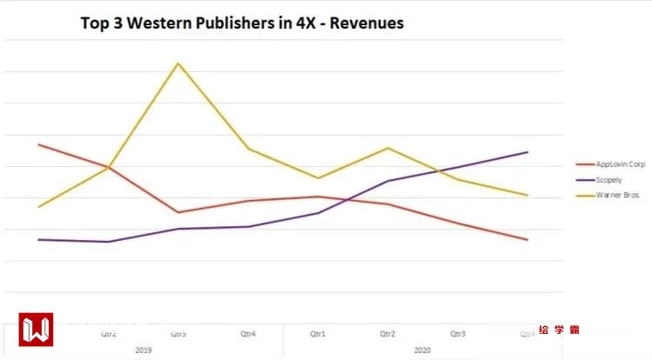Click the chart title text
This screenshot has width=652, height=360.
point(242,23)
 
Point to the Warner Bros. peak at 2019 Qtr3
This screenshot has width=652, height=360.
point(178,63)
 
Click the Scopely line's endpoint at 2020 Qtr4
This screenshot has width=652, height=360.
point(528,152)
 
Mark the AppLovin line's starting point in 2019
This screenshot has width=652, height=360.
point(39,144)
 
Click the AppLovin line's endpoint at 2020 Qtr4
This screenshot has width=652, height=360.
point(528,239)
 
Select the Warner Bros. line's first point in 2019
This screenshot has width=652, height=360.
point(39,206)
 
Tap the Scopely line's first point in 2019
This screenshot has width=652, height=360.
point(39,239)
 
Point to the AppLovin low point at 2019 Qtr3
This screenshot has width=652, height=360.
point(178,212)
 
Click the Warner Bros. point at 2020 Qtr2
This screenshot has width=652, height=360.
point(389,148)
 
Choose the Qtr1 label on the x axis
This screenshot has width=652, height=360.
point(318,333)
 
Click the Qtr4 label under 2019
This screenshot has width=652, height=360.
point(249,333)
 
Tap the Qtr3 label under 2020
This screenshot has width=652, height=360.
point(458,333)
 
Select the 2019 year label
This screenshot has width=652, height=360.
point(143,350)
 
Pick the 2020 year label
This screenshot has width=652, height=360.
point(422,350)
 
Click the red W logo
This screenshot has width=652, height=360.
point(37,330)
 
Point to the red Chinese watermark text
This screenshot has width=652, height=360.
point(558,330)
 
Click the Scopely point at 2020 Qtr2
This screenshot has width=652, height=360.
point(389,181)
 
